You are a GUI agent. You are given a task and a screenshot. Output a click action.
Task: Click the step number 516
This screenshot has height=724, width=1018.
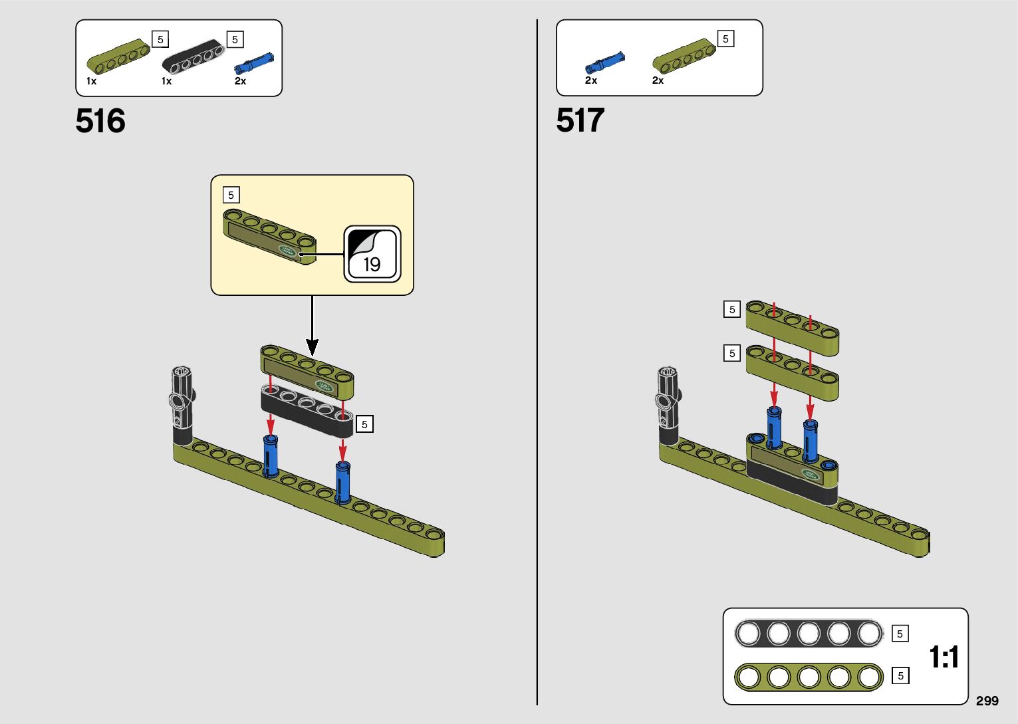[100, 121]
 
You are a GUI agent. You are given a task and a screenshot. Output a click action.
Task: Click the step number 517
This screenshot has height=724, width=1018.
[580, 120]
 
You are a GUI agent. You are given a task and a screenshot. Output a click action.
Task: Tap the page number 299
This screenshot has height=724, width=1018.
[987, 701]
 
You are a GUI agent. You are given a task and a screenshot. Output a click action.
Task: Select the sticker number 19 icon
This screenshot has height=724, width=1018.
[372, 254]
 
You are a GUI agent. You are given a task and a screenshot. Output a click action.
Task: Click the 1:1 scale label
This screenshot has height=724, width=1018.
[944, 657]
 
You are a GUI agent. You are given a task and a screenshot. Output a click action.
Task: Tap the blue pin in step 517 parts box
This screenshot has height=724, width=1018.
[604, 62]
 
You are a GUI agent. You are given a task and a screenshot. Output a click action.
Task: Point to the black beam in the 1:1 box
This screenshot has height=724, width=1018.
[809, 634]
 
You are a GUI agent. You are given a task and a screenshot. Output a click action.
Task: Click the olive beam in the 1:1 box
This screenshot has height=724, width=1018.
[809, 677]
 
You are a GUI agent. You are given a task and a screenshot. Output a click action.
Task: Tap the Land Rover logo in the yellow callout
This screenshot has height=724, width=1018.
[288, 251]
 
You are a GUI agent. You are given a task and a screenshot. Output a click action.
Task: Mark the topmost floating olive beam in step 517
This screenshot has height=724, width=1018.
[792, 326]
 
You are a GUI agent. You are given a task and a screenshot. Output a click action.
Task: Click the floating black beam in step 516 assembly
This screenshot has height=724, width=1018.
[307, 410]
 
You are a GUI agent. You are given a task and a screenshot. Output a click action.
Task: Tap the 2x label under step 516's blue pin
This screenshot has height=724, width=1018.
[240, 81]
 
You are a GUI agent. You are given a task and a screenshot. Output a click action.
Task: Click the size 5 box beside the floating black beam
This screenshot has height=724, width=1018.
[364, 424]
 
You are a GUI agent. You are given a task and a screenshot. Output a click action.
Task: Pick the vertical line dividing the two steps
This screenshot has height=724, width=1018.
[537, 362]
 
